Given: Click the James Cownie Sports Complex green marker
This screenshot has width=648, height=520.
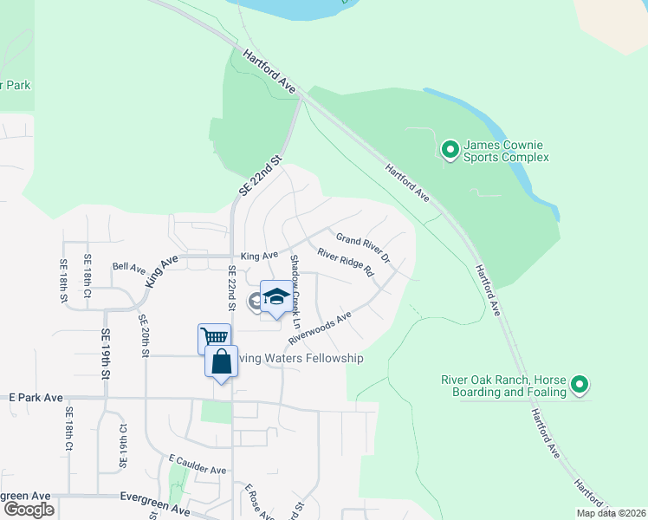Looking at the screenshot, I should coord(450,151).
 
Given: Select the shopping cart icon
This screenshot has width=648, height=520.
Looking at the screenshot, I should coord(213,336).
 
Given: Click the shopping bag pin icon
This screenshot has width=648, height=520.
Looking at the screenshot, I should coord(222,362).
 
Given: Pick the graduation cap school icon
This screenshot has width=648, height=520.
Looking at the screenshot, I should coord(276,297).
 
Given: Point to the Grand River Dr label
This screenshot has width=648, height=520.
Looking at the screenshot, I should coord(364,249).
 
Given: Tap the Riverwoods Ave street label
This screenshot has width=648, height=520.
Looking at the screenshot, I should coord(320,328).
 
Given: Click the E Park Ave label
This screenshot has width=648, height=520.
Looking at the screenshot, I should coord(36,397).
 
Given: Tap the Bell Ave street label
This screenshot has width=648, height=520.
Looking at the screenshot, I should coord(129,269).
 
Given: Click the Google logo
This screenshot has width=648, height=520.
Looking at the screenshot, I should coord(29,510).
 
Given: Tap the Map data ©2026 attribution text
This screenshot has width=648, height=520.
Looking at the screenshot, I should coord(610,513).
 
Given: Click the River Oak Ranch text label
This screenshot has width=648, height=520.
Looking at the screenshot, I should coord(502,386).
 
